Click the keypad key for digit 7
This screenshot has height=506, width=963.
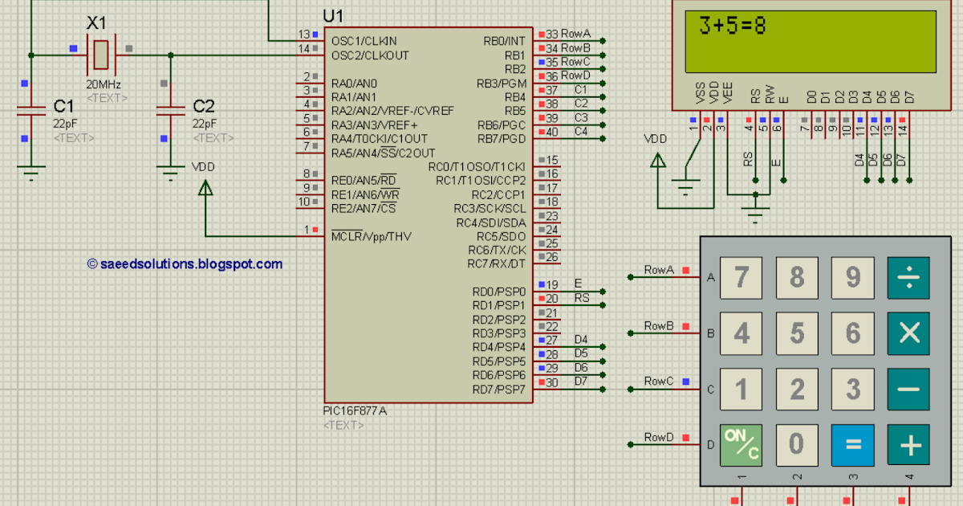(741, 277)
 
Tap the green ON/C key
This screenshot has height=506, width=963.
(741, 444)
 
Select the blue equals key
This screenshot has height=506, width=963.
(852, 444)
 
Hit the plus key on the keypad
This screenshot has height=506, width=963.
(908, 444)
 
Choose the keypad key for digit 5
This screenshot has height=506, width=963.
(796, 333)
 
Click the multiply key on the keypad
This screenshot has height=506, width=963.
(908, 333)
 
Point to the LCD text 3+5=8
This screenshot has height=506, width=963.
(732, 27)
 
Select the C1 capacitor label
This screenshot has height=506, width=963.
(63, 106)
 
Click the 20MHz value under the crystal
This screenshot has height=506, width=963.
(104, 84)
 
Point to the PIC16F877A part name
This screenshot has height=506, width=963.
(356, 410)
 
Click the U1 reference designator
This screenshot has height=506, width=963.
(333, 16)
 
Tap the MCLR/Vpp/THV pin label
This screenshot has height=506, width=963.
(371, 236)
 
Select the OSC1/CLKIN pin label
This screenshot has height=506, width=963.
(364, 40)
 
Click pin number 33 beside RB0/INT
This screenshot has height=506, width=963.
(551, 34)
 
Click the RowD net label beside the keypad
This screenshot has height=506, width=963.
(659, 437)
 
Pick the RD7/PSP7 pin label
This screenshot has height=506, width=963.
(498, 390)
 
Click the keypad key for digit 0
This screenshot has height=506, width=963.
(796, 444)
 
